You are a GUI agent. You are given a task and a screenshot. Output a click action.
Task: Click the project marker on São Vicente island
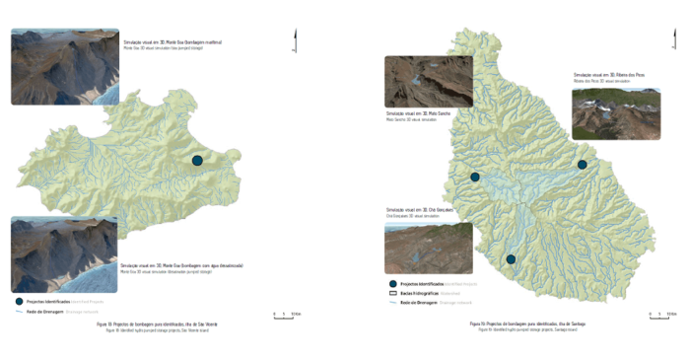[197, 161]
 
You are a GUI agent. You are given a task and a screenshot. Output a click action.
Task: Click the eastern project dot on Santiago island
[583, 165]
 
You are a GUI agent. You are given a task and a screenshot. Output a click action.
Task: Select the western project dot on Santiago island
[475, 178]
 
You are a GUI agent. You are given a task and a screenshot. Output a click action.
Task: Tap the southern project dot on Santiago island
[511, 259]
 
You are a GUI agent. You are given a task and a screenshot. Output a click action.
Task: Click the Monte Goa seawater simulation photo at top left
[65, 67]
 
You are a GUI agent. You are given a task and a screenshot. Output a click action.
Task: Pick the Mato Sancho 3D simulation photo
[429, 82]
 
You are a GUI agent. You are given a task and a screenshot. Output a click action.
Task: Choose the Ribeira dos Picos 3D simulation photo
[616, 114]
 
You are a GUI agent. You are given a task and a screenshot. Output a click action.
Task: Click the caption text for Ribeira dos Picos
[605, 77]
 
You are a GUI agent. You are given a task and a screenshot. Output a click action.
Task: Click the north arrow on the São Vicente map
[295, 40]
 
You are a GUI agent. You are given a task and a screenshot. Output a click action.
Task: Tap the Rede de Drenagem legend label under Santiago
[426, 303]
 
